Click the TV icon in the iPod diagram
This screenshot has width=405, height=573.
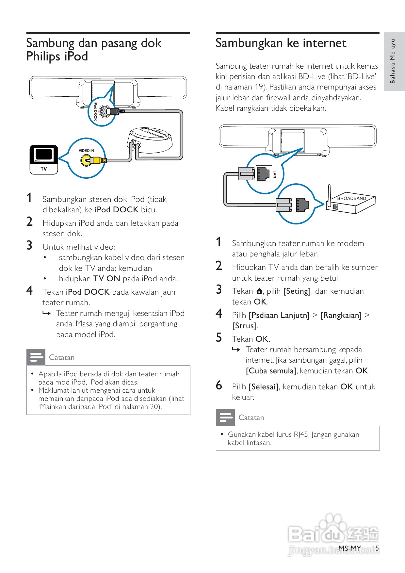point(44,159)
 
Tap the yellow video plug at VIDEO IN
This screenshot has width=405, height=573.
point(96,160)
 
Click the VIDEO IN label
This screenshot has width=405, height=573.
point(86,151)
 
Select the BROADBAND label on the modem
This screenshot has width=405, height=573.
point(351,198)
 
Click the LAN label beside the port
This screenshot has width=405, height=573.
point(275,174)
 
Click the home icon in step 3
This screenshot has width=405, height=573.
point(259,291)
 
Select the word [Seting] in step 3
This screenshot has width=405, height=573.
point(297,291)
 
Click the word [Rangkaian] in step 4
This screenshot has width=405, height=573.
point(341,315)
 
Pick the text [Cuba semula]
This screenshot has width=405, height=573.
point(271,371)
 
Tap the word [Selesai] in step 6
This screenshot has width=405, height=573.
point(264,387)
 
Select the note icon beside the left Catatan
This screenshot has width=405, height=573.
point(36,357)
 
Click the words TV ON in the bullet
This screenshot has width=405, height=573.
point(107,279)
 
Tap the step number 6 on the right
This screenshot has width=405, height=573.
point(219,385)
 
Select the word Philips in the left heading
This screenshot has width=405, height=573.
point(43,57)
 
